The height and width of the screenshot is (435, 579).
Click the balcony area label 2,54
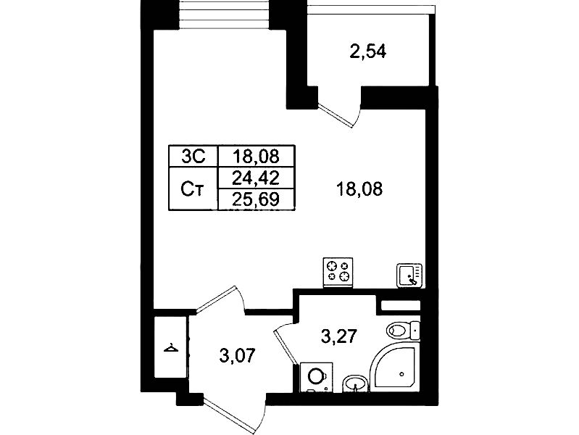pos(368,51)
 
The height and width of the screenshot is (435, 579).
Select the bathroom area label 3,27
pos(338,336)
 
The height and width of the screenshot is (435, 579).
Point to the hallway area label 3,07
pos(237,356)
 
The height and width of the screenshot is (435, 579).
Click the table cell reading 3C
pos(193,157)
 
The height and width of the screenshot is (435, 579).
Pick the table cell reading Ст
pos(192,188)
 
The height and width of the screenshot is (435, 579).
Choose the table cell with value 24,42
pos(256,178)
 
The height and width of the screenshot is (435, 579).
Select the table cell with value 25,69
pos(256,199)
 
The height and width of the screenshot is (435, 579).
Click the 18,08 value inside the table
pos(256,157)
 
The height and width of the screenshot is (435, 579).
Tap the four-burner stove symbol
pos(338,273)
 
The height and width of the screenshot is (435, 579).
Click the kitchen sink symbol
pos(409,275)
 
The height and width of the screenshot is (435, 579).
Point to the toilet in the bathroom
pos(403,329)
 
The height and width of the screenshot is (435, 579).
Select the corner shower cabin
pos(395,367)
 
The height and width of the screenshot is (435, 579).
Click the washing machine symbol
pos(316,377)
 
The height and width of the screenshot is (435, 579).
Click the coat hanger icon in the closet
pos(171,348)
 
